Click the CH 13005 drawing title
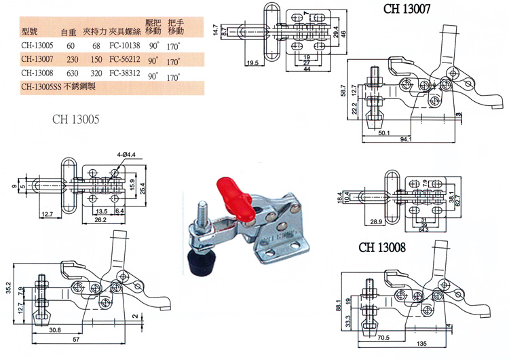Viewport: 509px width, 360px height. click(x=76, y=120)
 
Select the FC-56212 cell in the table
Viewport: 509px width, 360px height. click(x=126, y=60)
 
